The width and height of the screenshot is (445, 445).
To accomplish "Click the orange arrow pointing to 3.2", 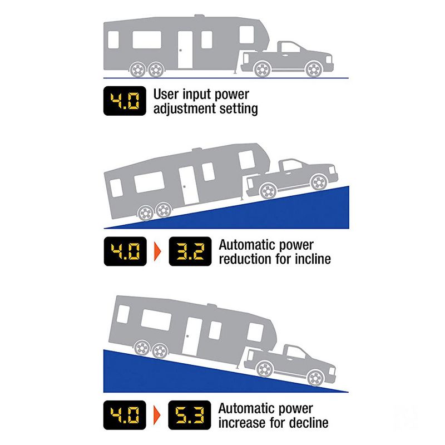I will click(157, 251).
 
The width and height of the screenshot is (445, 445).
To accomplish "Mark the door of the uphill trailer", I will click(189, 183).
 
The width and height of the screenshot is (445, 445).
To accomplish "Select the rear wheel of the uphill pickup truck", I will click(268, 191).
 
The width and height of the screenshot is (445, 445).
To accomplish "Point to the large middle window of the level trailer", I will click(147, 41).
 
